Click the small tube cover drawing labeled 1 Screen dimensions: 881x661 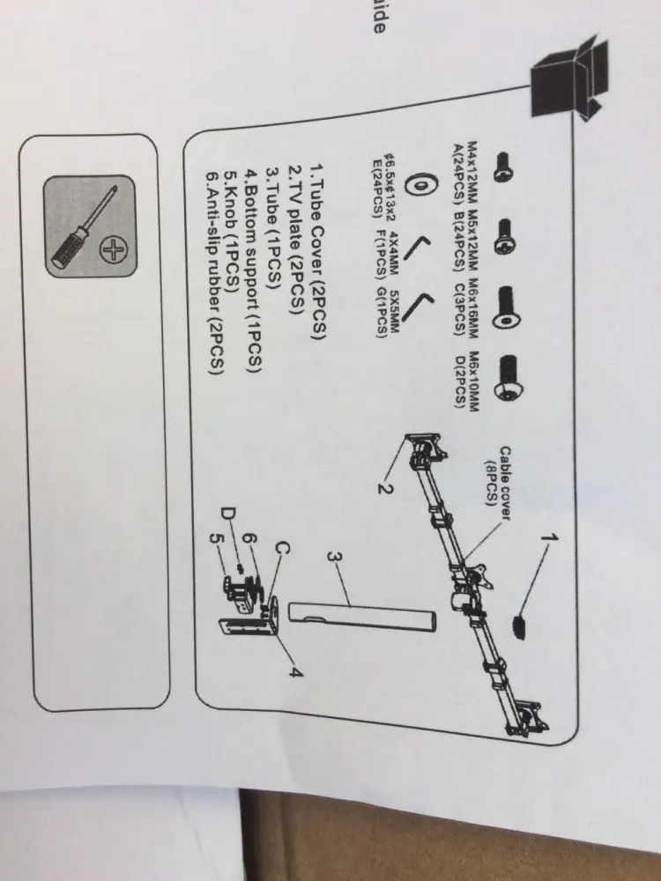pos(519,627)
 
